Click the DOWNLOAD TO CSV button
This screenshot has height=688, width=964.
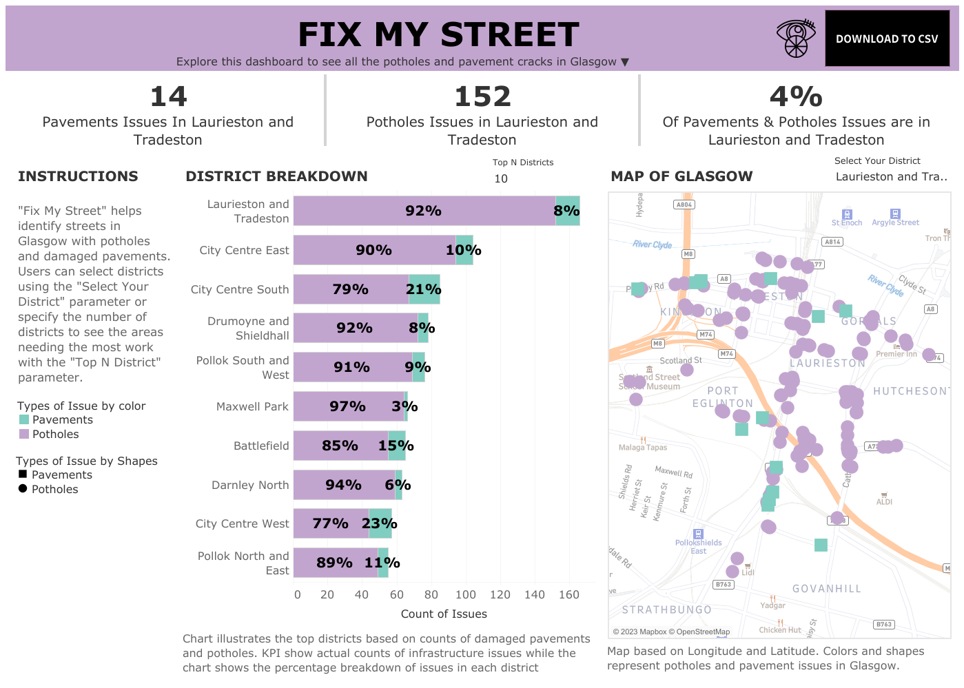(886, 39)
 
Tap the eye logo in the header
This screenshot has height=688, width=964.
(796, 39)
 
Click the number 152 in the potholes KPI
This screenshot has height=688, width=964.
(482, 97)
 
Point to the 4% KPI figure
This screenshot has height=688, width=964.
(796, 97)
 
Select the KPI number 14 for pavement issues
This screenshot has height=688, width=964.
(168, 97)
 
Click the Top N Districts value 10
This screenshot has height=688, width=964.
(501, 179)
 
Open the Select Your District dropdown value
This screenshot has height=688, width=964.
(891, 177)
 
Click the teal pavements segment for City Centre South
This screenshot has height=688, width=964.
(424, 289)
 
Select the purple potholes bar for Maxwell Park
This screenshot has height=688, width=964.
(348, 406)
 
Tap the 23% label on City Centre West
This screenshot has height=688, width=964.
(380, 523)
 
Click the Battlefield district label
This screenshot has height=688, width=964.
(261, 446)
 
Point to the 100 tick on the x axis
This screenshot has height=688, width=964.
(466, 595)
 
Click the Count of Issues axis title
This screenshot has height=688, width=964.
(444, 614)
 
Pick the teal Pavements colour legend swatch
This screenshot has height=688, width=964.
(24, 420)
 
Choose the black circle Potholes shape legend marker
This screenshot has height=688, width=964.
(23, 489)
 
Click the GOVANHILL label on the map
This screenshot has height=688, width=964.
(826, 589)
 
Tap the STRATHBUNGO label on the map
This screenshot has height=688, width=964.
(666, 610)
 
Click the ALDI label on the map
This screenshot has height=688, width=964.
(884, 502)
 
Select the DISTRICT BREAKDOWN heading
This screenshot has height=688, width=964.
(276, 176)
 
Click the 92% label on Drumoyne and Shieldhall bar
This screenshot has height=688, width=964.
(354, 329)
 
